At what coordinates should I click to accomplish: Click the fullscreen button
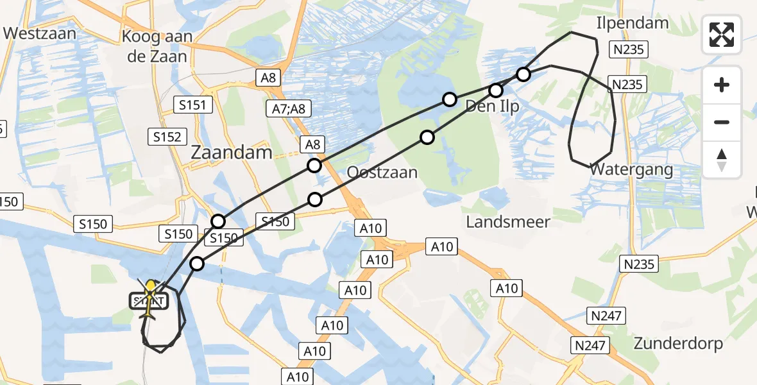[722, 35]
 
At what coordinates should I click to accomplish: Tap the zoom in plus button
[722, 85]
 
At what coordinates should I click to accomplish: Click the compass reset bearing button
[722, 160]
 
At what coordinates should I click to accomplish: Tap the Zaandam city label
[232, 153]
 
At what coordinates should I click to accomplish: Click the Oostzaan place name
[382, 173]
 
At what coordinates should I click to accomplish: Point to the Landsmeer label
[508, 222]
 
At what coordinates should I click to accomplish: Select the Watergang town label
[631, 170]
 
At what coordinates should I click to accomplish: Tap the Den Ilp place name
[492, 106]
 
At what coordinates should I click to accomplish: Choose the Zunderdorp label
[678, 343]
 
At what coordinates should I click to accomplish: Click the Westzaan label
[39, 33]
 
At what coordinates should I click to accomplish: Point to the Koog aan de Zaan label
[157, 46]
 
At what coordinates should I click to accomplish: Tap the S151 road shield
[194, 104]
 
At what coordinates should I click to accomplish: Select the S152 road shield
[167, 136]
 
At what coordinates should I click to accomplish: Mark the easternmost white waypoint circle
[523, 74]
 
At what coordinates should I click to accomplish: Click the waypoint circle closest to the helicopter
[197, 264]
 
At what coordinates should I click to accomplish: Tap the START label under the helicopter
[149, 300]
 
